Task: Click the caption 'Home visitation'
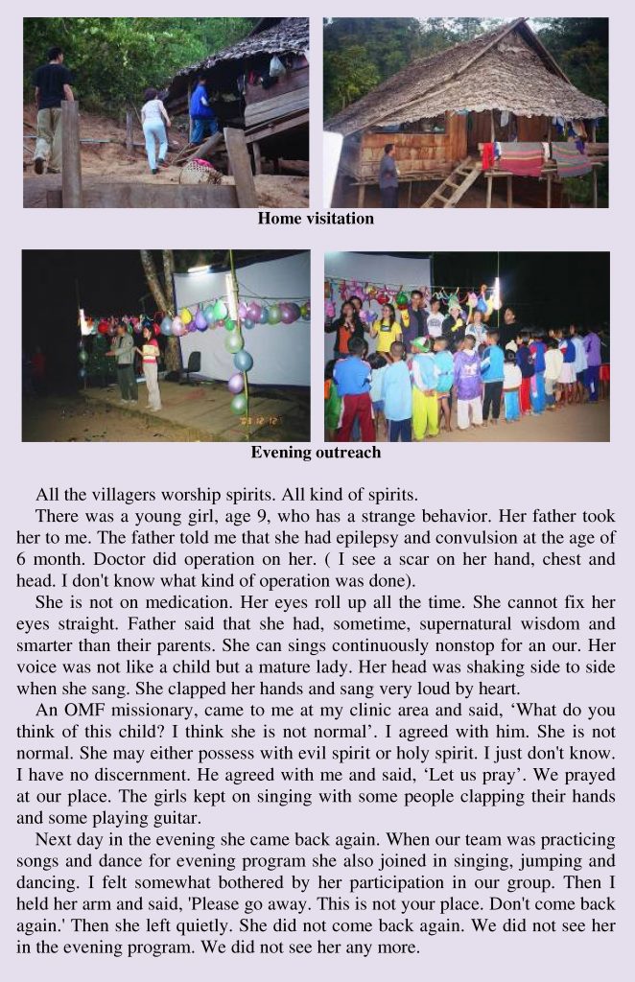pyautogui.click(x=316, y=219)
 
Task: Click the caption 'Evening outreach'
pyautogui.click(x=316, y=453)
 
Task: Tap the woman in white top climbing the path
pyautogui.click(x=153, y=130)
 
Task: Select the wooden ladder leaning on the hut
pyautogui.click(x=451, y=182)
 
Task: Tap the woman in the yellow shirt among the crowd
pyautogui.click(x=387, y=331)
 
